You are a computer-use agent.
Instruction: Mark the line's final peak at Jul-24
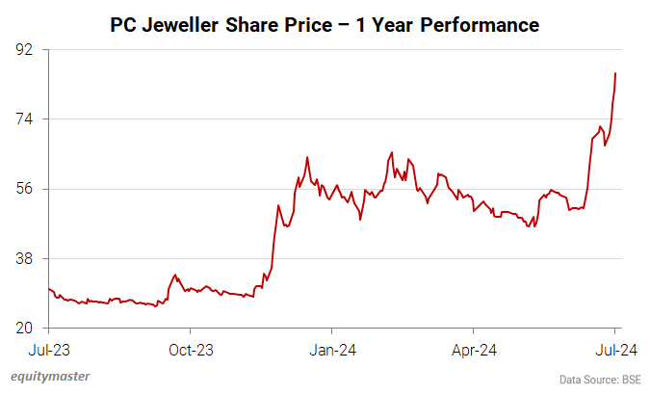point(615,73)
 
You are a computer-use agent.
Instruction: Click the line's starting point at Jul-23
point(48,288)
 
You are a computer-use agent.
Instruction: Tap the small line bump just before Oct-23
point(174,275)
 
